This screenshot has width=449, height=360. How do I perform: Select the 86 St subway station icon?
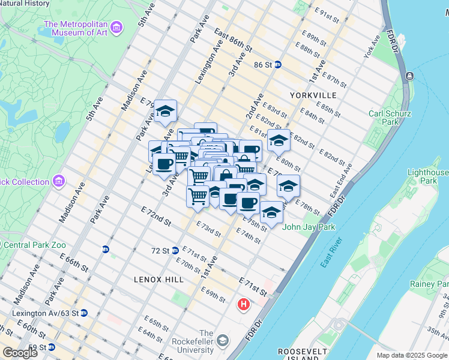(x=278, y=64)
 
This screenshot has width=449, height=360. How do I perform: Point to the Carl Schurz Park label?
(x=390, y=118)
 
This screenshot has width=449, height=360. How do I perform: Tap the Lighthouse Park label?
(x=427, y=176)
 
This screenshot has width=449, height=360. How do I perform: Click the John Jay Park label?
(x=309, y=227)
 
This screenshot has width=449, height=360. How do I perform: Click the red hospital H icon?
(x=243, y=305)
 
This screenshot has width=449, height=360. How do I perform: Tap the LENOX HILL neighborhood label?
(x=158, y=280)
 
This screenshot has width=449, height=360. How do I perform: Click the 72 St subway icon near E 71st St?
(x=175, y=250)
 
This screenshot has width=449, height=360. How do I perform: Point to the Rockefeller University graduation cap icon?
(x=223, y=341)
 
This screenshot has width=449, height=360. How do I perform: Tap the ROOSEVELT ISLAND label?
(x=303, y=354)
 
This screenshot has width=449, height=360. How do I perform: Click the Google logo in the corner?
(x=20, y=352)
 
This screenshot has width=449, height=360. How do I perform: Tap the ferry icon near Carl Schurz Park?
(x=409, y=76)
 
